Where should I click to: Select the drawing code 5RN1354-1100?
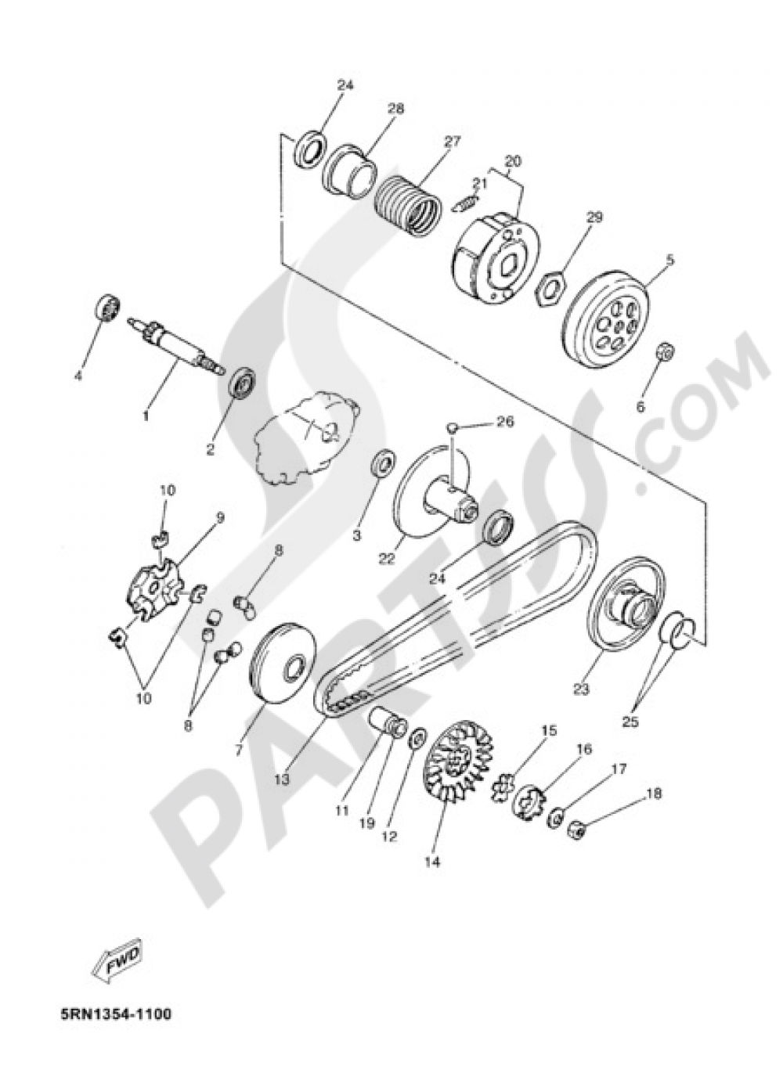pos(114,1015)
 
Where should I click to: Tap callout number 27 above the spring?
pos(453,142)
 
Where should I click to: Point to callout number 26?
pos(505,423)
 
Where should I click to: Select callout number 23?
pos(582,689)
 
